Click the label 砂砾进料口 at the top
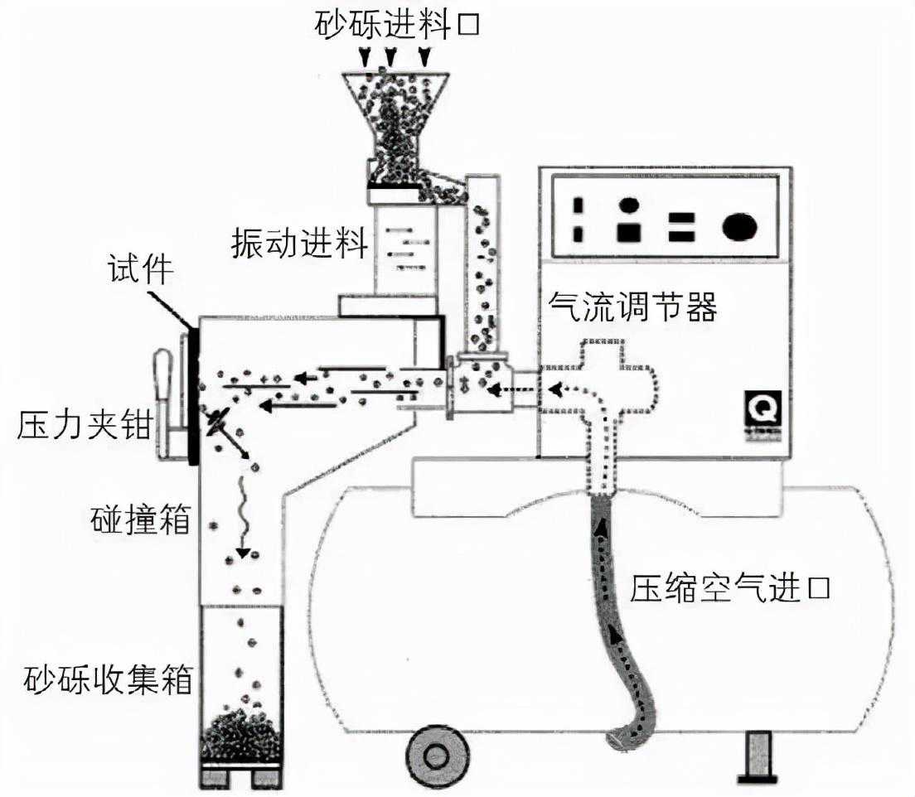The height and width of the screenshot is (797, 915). click(x=397, y=24)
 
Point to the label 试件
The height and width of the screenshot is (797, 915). click(x=139, y=270)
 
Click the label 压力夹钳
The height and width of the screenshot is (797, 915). click(x=84, y=427)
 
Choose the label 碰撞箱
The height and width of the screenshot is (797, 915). click(x=140, y=521)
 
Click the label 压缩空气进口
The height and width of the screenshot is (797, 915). click(x=729, y=590)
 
